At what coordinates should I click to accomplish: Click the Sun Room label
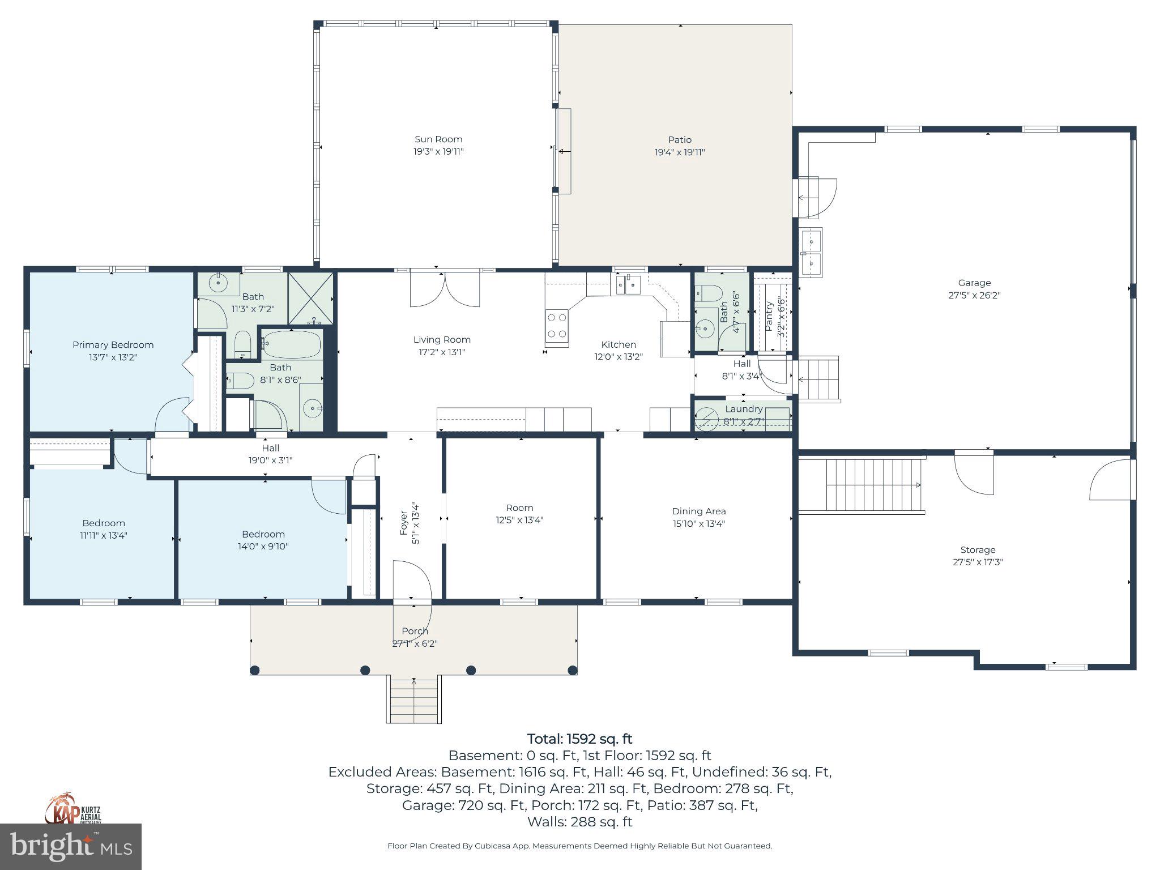point(438,139)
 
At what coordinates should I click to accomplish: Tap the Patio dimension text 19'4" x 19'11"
point(680,152)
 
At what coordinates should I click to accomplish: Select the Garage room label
point(974,283)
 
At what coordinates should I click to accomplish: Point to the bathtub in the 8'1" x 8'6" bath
point(292,344)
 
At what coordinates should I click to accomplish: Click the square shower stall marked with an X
point(310,298)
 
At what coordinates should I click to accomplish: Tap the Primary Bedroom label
point(113,345)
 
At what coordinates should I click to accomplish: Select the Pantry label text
point(769,316)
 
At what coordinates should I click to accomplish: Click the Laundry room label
point(743,409)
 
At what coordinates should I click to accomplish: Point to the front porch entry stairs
point(414,700)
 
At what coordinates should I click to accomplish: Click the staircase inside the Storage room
point(872,485)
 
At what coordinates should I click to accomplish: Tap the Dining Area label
point(698,511)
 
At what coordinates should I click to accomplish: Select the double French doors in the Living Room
point(445,290)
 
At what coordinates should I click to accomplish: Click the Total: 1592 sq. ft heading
point(579,739)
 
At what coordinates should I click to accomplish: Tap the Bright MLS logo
point(71,847)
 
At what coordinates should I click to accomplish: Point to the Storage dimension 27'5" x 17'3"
point(978,562)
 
